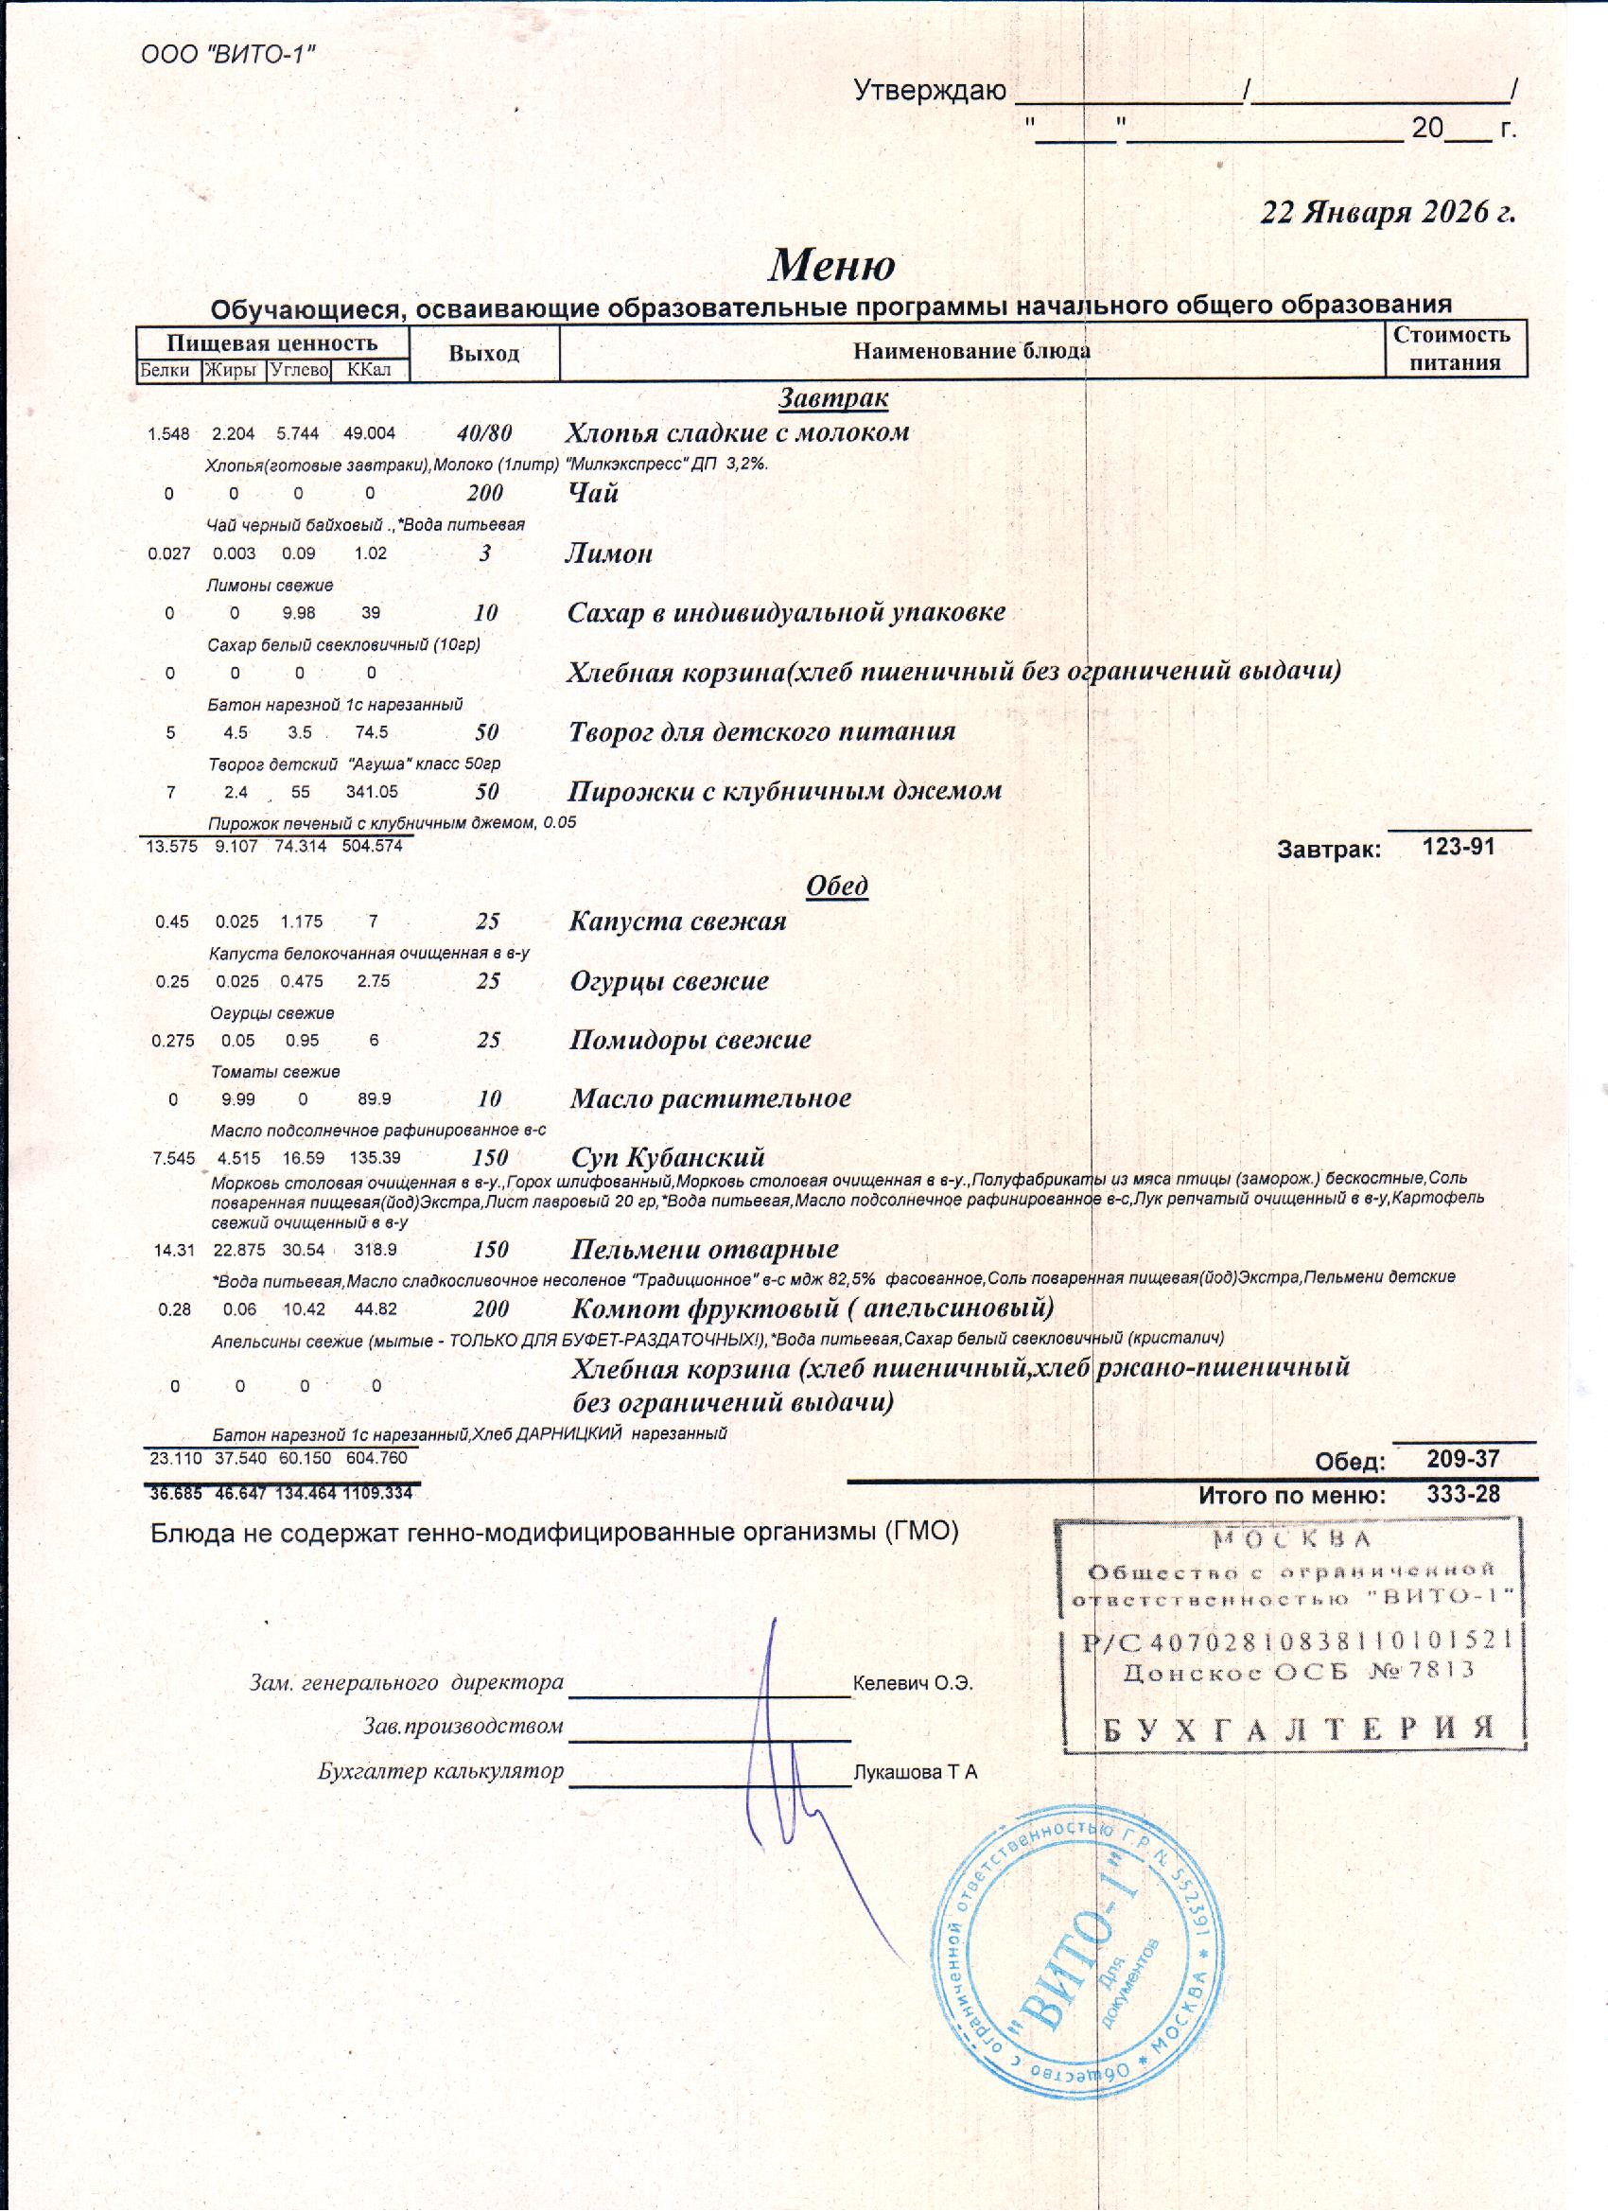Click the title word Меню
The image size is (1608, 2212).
tap(831, 264)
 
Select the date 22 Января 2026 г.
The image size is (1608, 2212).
tap(1388, 212)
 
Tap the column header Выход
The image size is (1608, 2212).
tap(483, 353)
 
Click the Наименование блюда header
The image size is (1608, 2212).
tap(971, 351)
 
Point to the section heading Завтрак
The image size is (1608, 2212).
tap(832, 398)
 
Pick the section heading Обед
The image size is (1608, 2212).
tap(837, 886)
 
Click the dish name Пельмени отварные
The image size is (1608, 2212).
tap(704, 1250)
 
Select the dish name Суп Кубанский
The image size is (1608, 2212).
tap(667, 1158)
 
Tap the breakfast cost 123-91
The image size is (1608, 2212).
tap(1458, 847)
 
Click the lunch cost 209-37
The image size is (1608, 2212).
tap(1462, 1459)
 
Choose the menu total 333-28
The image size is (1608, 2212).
tap(1462, 1494)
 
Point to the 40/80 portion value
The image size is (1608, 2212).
tap(484, 433)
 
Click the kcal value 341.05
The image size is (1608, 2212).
tap(372, 792)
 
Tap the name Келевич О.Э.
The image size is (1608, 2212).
tap(913, 1683)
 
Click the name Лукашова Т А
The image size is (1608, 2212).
tap(915, 1772)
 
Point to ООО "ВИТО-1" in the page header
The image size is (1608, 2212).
tap(228, 54)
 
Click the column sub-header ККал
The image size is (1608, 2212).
tap(369, 371)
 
